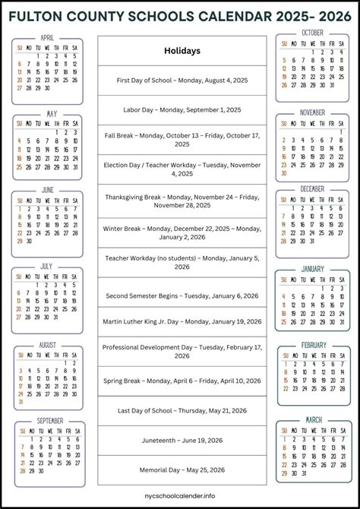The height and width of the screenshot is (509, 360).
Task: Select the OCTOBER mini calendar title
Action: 312,33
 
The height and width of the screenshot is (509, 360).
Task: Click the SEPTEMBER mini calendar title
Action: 50,420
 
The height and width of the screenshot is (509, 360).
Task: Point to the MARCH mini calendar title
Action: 314,419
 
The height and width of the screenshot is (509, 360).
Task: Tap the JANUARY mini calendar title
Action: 312,269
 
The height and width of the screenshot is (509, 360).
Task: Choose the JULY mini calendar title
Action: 46,267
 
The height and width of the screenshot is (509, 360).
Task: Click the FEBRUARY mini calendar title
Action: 314,345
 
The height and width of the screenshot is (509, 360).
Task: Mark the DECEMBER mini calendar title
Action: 312,188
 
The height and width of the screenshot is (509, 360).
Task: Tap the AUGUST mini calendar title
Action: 47,345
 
